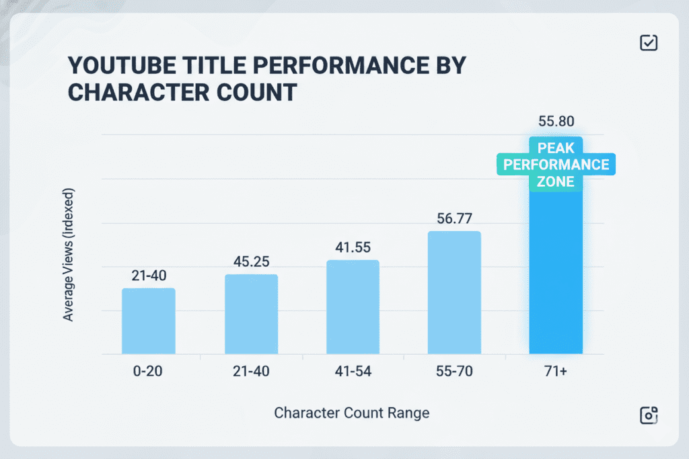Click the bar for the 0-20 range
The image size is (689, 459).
[149, 321]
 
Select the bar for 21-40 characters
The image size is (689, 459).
[251, 314]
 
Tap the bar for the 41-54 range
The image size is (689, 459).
[353, 307]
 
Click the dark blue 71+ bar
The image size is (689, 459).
[556, 269]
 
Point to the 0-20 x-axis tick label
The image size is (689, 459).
[149, 370]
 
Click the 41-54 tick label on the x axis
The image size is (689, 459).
[353, 370]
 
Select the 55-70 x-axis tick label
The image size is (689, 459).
[454, 370]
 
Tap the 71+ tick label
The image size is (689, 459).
[556, 370]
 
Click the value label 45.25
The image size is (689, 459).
[251, 260]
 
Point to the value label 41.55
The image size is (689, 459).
[353, 247]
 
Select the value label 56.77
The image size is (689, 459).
[454, 218]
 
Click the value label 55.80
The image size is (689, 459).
[556, 122]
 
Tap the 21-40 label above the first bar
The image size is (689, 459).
[149, 275]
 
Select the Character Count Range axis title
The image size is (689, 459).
[351, 413]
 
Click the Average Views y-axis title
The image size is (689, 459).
[69, 255]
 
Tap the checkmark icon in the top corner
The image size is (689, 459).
[648, 43]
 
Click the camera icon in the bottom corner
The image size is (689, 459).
[648, 415]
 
